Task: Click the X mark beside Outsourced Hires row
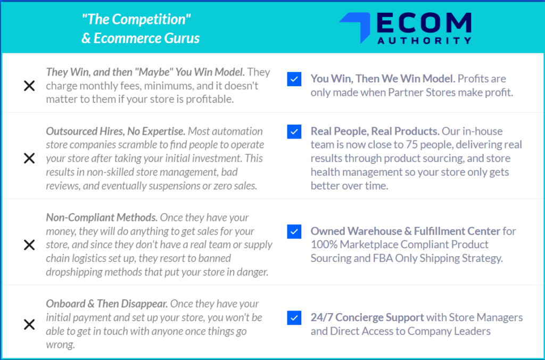(29, 158)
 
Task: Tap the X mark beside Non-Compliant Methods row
(29, 245)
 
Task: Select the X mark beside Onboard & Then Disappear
(29, 324)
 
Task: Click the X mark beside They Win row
(29, 86)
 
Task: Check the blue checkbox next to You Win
(294, 79)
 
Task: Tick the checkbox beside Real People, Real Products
(294, 132)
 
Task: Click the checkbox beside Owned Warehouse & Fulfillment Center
(294, 231)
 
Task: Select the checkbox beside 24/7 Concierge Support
(294, 317)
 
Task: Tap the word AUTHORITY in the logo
(424, 40)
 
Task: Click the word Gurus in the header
(182, 38)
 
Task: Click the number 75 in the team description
(412, 144)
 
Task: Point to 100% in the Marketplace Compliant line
(324, 244)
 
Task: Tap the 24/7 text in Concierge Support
(321, 317)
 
